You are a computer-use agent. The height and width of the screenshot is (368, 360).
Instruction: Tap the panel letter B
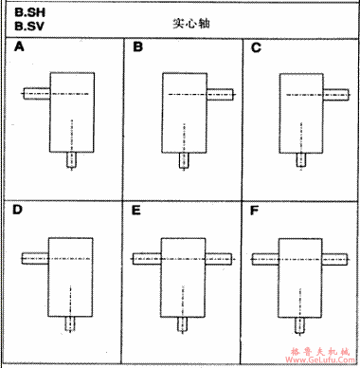click(x=138, y=46)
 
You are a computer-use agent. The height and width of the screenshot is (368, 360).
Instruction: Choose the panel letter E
click(x=138, y=209)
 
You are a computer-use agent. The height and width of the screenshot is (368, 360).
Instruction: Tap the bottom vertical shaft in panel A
click(x=72, y=160)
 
